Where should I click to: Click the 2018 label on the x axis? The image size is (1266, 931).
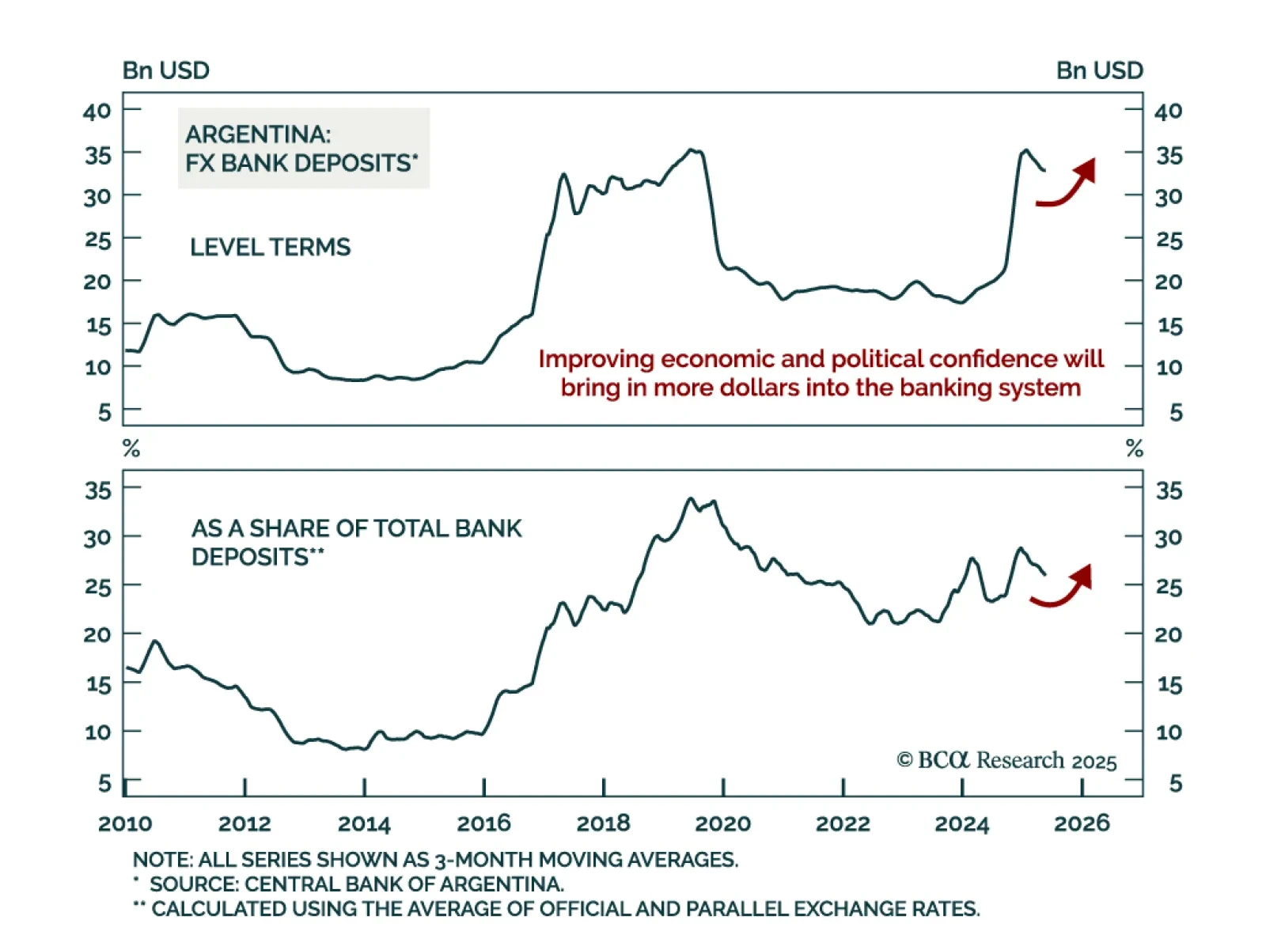603,823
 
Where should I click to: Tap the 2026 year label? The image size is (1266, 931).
1082,823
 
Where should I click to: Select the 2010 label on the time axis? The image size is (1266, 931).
125,823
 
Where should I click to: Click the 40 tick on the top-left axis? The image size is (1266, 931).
97,111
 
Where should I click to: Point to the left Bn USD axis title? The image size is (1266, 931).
165,70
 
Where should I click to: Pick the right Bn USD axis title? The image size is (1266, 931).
1099,70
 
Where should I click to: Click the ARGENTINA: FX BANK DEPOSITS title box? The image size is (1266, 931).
303,149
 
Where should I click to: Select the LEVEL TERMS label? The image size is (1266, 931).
270,247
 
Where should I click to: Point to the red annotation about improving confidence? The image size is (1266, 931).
821,373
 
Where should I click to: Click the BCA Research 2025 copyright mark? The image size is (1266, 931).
1006,760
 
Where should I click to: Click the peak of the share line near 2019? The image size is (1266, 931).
690,498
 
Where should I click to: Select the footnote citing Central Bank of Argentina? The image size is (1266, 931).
356,884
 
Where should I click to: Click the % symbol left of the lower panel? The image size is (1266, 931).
131,449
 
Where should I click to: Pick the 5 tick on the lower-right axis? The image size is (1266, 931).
1175,783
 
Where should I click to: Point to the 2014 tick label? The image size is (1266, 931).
364,823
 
